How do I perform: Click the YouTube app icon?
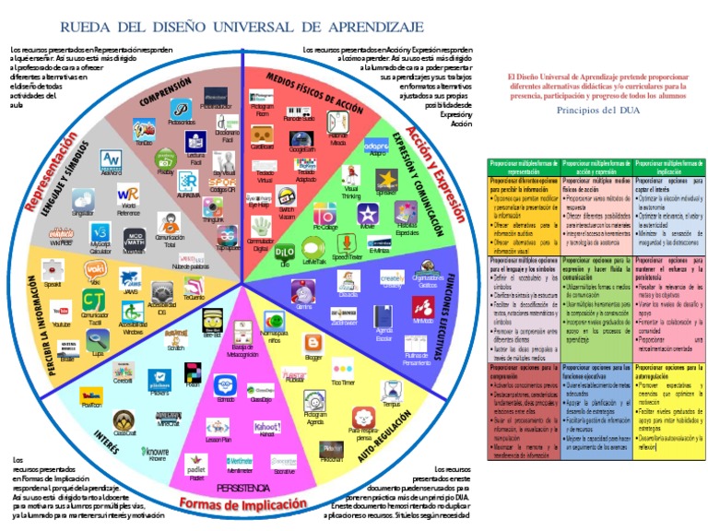click(x=62, y=309)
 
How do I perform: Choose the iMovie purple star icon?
click(x=368, y=214)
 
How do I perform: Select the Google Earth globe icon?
click(x=302, y=131)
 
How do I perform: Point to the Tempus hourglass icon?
click(x=392, y=388)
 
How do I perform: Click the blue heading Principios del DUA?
click(x=590, y=110)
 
